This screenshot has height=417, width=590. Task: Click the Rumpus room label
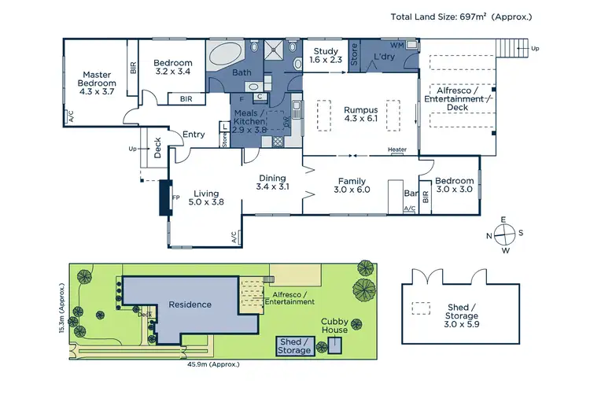tap(361, 114)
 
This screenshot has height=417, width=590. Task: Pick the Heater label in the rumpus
tap(397, 149)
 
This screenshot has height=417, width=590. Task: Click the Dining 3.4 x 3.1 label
tap(273, 183)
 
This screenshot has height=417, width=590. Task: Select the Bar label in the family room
tap(409, 194)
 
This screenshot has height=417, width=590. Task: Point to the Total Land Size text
tap(463, 16)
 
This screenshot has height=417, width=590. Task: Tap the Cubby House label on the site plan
tap(334, 326)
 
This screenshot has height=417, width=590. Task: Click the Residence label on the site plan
tap(190, 304)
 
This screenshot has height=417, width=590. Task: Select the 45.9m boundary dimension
tap(214, 364)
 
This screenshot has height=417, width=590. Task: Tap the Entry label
tap(194, 135)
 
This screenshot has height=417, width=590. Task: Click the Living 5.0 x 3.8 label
tap(206, 197)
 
